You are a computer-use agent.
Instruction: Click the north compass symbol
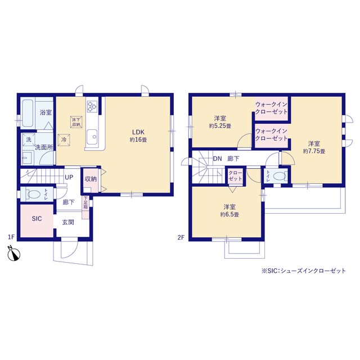13,254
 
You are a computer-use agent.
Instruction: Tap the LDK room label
138,132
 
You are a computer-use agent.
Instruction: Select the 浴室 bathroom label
46,112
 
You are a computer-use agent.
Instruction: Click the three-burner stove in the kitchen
92,107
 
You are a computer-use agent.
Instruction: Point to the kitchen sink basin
92,137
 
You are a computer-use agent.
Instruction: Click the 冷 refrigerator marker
64,140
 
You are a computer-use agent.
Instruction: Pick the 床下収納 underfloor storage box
76,122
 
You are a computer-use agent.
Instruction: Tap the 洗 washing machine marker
29,139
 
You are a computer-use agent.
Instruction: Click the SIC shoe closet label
37,219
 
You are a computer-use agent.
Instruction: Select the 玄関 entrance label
68,222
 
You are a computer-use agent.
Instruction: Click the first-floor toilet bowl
34,194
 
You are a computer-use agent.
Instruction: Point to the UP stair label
69,177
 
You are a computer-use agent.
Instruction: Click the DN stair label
218,159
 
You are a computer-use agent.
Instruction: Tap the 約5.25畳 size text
220,126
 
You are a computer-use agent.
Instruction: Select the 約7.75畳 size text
314,151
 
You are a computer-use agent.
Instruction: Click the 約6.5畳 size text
229,215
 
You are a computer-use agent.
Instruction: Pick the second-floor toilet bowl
279,176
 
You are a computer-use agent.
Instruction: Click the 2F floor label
181,237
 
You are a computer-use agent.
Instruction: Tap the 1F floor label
11,237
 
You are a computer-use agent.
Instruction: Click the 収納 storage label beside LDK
91,179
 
